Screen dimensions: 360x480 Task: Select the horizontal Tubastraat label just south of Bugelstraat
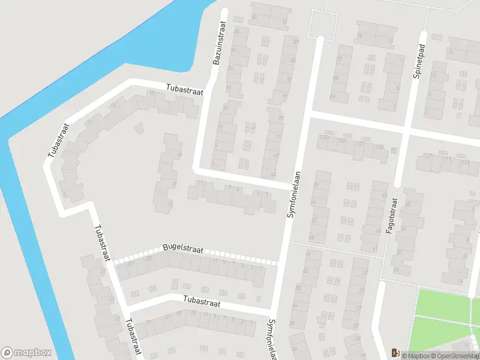pos(202,304)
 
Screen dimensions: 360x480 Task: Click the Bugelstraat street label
pos(183,249)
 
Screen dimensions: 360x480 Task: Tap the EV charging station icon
pos(394,353)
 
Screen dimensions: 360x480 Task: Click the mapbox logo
pos(26,353)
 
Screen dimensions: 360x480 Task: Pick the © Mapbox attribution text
pos(415,356)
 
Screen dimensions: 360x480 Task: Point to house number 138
pos(325,138)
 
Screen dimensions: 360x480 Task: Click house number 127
pos(361,144)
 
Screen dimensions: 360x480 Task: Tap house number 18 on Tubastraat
pos(152,93)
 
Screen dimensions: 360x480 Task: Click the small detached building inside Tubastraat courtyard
pos(139,128)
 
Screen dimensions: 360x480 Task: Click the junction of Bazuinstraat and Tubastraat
pos(207,91)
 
